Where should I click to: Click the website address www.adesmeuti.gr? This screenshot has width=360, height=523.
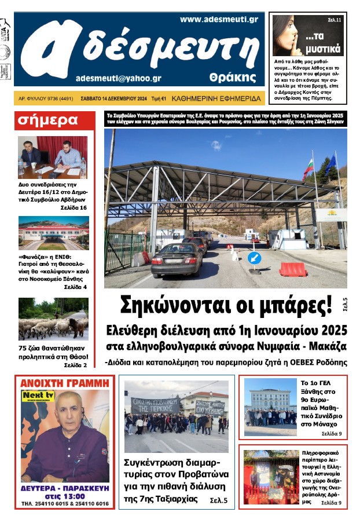pos(218,19)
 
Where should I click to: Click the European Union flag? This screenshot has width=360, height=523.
pos(330,164)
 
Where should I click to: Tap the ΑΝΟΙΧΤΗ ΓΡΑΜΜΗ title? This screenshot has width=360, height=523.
pos(64,383)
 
